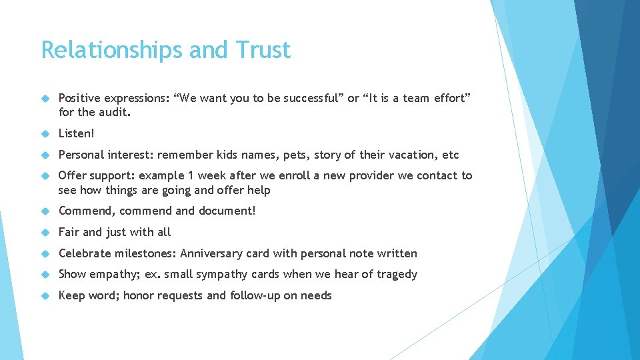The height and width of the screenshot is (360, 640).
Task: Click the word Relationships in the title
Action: (x=113, y=50)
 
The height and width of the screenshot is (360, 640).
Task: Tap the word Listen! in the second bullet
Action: (x=77, y=133)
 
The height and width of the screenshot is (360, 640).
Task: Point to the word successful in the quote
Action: (x=312, y=99)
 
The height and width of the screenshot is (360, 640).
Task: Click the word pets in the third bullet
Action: (x=293, y=155)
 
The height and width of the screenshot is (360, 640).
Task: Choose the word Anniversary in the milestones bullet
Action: (x=212, y=253)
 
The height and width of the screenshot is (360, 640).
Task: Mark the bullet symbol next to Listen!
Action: (x=46, y=134)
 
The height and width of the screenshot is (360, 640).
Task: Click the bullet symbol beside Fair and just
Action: (x=46, y=233)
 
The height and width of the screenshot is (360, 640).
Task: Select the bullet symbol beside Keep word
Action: (x=46, y=296)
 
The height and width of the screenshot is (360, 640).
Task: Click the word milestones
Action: (x=143, y=253)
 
